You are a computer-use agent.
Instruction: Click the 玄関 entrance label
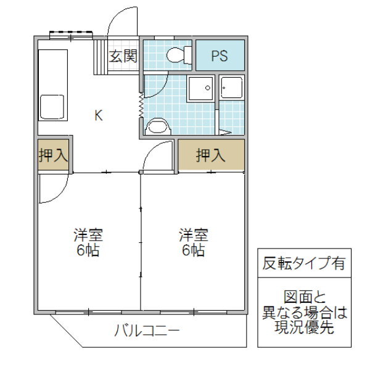tap(123, 57)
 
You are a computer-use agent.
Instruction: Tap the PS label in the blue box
tap(220, 56)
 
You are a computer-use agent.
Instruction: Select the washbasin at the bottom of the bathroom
tap(158, 127)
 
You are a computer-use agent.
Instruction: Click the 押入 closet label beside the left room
tap(53, 156)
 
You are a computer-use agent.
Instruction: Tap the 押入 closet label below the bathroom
tap(211, 156)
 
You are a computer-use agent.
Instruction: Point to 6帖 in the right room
tap(193, 251)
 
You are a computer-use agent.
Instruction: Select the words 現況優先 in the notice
tap(300, 327)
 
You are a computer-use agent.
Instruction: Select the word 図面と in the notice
tap(300, 297)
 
